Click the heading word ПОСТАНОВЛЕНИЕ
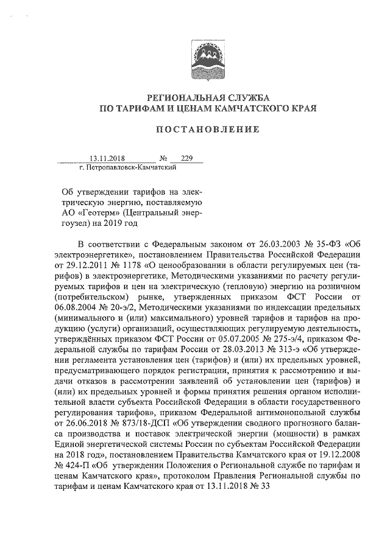(x=208, y=129)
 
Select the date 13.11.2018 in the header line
(x=107, y=158)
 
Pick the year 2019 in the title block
(x=111, y=223)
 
